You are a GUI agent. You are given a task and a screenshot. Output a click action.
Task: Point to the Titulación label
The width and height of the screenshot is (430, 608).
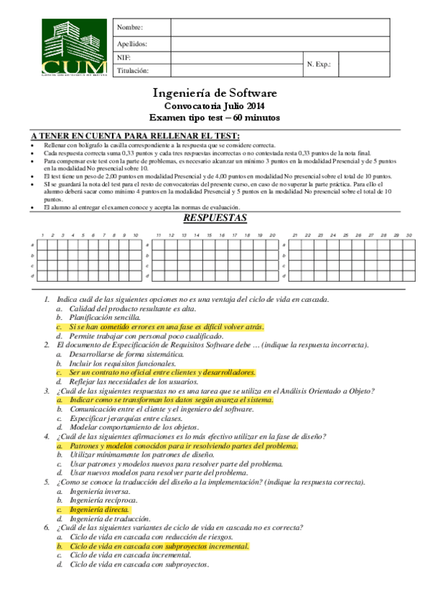133,71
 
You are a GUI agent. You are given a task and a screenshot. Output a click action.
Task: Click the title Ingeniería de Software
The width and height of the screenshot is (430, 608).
215,93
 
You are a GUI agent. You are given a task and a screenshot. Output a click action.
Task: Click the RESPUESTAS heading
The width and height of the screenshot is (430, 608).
215,218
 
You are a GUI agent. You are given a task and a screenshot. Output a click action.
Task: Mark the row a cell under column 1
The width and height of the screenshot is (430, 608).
42,244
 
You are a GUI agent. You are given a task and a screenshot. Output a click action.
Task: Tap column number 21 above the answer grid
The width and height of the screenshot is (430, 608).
295,235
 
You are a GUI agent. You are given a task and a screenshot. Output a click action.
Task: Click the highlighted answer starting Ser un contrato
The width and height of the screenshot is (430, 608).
162,373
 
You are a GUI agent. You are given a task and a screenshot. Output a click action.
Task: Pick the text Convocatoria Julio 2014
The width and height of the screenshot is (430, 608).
215,106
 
